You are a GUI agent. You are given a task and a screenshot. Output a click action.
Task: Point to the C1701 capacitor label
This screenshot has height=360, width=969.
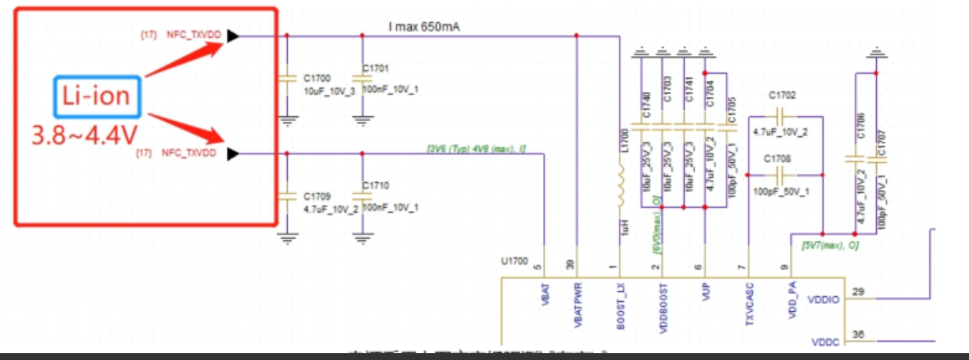pos(376,68)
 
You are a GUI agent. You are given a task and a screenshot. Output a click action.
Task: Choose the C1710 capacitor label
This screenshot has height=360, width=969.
pos(376,185)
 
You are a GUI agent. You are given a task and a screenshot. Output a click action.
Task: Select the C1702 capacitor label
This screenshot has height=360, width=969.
pos(783,94)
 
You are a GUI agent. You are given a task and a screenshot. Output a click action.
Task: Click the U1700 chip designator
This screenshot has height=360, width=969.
pos(514,261)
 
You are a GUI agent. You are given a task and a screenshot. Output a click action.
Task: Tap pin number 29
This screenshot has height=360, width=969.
pos(859,292)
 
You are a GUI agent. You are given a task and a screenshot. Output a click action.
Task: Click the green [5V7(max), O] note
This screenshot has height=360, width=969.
pos(830,245)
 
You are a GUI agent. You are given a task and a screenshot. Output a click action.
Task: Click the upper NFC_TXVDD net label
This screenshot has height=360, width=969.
pos(191,34)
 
